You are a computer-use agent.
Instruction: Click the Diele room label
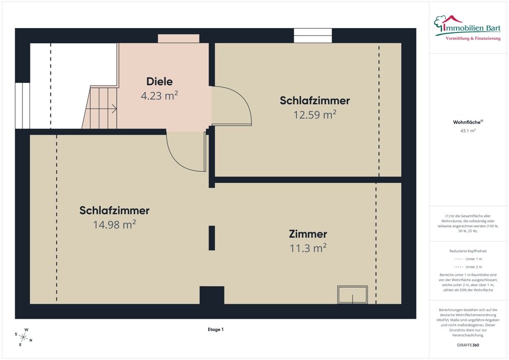(x=159, y=81)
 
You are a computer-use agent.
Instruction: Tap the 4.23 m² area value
(x=159, y=95)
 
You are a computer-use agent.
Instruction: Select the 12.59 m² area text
(x=315, y=115)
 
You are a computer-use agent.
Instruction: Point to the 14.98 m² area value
(x=114, y=224)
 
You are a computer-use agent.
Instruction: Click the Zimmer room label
(x=307, y=234)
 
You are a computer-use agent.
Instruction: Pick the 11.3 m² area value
(x=307, y=248)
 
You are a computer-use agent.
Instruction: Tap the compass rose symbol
(x=23, y=337)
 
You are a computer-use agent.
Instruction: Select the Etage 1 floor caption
(x=215, y=329)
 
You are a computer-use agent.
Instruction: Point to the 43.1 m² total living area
(x=468, y=131)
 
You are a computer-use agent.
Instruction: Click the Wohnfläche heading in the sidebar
(x=468, y=122)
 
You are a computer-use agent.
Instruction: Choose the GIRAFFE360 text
(x=468, y=345)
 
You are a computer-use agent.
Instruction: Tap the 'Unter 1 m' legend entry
(x=468, y=259)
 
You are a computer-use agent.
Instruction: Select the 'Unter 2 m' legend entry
(x=468, y=267)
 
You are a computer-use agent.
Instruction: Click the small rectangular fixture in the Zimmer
(x=352, y=294)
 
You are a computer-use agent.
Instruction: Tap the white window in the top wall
(x=313, y=36)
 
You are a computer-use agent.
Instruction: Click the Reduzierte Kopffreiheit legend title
(x=468, y=251)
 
